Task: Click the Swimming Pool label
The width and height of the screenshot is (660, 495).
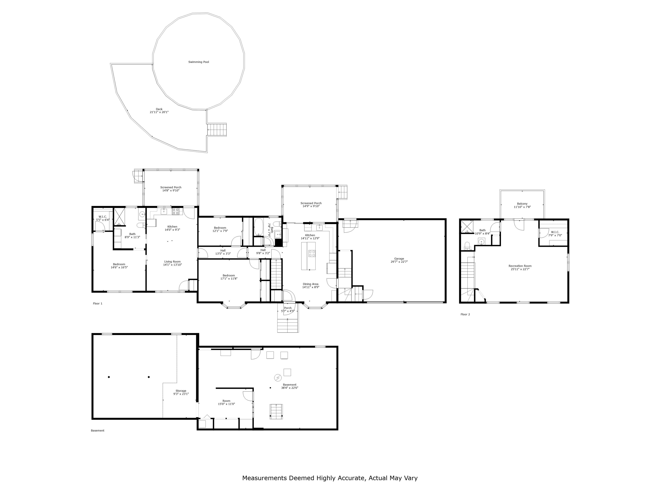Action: click(199, 62)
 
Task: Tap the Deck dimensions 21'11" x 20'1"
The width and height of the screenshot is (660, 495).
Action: click(159, 112)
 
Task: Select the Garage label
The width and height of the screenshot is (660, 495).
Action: click(399, 259)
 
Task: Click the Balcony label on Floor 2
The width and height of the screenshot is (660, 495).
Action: click(522, 204)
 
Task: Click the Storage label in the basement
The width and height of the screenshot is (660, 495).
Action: click(181, 391)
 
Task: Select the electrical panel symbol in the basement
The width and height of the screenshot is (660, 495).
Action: click(278, 378)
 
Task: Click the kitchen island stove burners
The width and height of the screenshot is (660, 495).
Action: click(312, 254)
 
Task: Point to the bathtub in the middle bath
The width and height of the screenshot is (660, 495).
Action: click(258, 227)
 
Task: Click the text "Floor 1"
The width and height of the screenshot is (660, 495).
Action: click(98, 303)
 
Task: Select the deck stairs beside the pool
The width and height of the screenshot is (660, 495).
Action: click(217, 130)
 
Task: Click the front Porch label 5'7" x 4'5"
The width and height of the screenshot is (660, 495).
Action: click(288, 309)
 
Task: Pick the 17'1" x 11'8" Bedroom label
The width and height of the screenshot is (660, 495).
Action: click(229, 277)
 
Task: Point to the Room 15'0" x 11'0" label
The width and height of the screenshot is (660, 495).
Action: click(226, 402)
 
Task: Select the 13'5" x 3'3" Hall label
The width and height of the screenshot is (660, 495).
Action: click(223, 252)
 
